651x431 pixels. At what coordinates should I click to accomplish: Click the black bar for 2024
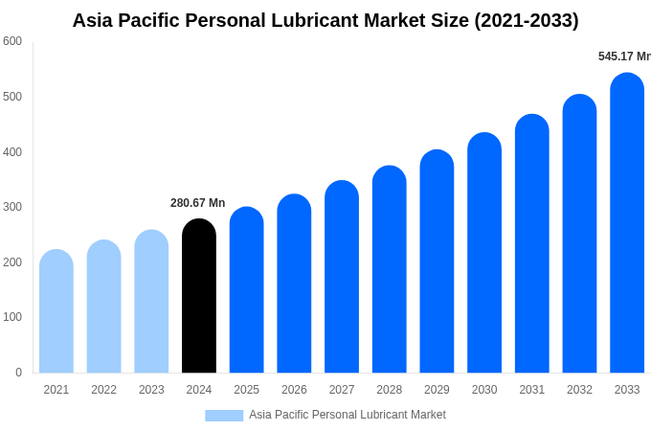[199, 297]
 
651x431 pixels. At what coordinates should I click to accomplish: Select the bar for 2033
[627, 224]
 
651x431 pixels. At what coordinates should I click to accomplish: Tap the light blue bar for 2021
[56, 312]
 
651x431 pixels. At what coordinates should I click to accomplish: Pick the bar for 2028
[390, 270]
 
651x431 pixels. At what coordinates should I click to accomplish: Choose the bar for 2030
[484, 254]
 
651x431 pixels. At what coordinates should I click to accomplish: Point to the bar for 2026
[294, 284]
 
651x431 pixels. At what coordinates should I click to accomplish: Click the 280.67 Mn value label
[198, 203]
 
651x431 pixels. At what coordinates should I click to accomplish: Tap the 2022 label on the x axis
[103, 390]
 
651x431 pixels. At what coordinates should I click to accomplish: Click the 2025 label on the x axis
[246, 390]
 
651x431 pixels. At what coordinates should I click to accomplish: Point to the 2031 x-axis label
[532, 390]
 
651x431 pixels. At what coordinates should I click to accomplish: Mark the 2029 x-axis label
[437, 390]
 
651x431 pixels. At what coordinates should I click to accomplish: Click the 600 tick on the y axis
[12, 41]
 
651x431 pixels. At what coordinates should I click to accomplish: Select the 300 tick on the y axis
[12, 207]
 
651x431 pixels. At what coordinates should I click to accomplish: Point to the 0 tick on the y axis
[18, 373]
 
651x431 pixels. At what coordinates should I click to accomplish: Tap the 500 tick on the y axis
[12, 97]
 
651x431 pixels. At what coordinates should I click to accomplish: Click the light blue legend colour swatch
[224, 416]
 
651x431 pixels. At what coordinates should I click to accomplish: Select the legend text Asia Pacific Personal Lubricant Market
[348, 415]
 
